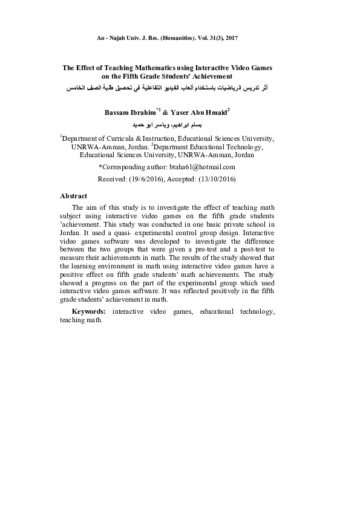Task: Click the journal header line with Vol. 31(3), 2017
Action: (168, 38)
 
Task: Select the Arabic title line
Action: (167, 88)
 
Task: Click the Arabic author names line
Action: (168, 125)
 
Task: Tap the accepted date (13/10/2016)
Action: (216, 180)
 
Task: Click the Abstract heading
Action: (73, 196)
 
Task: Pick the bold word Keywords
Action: (89, 311)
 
